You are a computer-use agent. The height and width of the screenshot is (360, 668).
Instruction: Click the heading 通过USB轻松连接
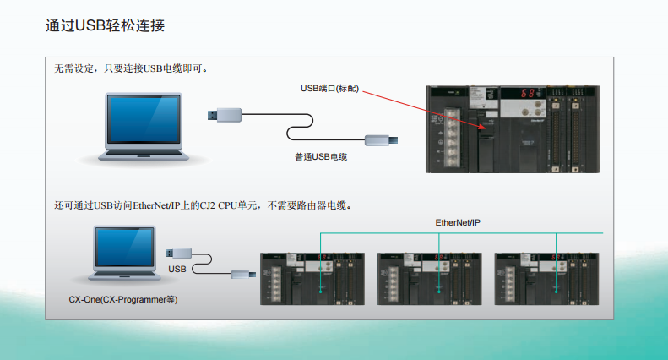click(x=105, y=25)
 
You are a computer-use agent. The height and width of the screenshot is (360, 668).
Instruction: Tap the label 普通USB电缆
click(x=321, y=157)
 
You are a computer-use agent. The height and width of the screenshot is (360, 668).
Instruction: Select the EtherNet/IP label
click(x=458, y=222)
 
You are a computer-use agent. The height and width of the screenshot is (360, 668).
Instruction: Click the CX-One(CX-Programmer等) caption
click(x=123, y=299)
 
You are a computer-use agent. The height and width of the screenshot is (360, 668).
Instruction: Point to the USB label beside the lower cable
click(x=177, y=269)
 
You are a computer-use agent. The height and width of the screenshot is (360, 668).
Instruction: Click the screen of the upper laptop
click(x=143, y=119)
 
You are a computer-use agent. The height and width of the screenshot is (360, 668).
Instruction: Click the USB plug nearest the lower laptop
click(x=182, y=252)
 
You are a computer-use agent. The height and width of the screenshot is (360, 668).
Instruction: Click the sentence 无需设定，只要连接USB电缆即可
click(x=131, y=68)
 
